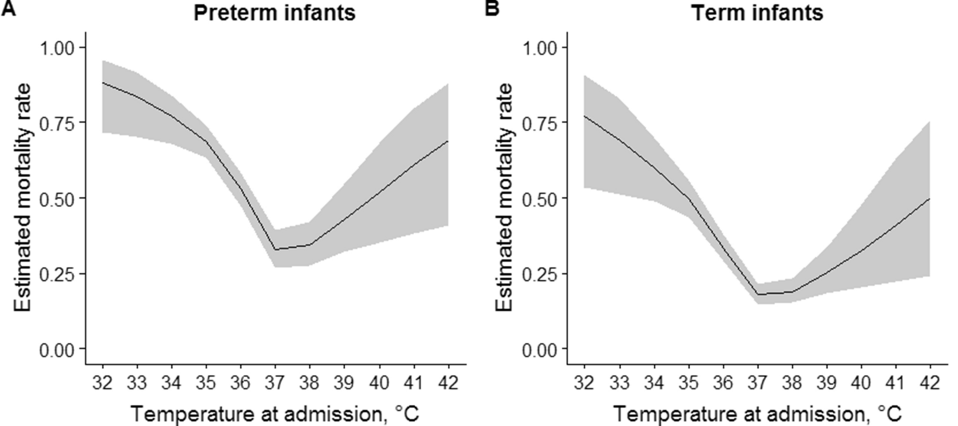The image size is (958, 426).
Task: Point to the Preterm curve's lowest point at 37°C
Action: point(275,249)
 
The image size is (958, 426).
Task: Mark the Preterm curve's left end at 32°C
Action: point(103,82)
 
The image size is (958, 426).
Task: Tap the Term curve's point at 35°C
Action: point(688,198)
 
